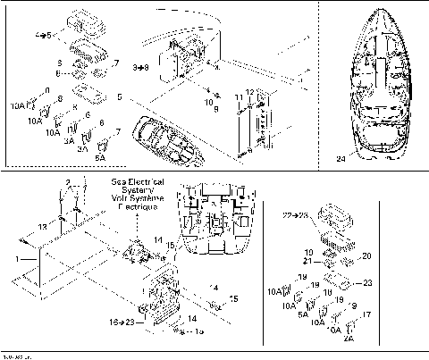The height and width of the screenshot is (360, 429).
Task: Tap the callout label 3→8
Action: point(139,66)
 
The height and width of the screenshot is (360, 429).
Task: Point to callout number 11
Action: point(237,96)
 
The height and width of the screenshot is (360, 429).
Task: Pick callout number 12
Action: point(250,94)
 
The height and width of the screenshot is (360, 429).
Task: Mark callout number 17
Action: point(367,314)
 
